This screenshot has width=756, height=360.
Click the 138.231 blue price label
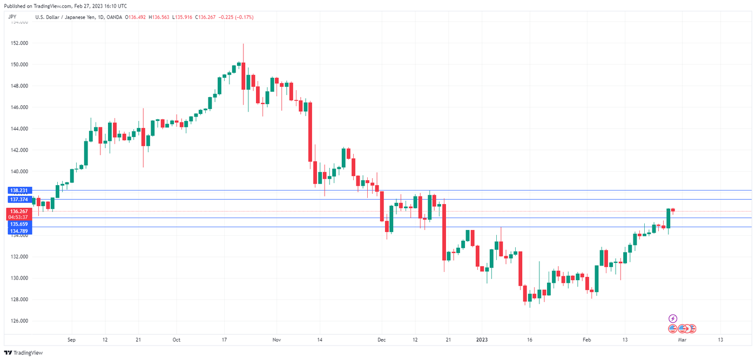point(19,191)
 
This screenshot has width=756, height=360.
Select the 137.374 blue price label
point(19,200)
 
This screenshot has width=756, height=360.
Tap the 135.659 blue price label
point(19,224)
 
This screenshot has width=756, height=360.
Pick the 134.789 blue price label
point(19,231)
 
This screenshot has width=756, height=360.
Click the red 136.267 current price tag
point(19,211)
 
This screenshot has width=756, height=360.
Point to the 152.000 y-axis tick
point(19,43)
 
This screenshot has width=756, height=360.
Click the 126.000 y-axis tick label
point(19,321)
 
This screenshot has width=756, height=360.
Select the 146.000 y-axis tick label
point(19,107)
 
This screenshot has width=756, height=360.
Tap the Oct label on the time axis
point(176,340)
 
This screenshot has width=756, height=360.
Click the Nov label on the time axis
point(276,340)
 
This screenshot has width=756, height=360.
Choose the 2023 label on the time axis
point(482,340)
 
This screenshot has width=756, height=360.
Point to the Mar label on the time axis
point(682,340)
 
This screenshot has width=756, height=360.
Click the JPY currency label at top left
point(13,17)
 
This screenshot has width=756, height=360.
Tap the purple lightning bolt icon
point(673,318)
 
